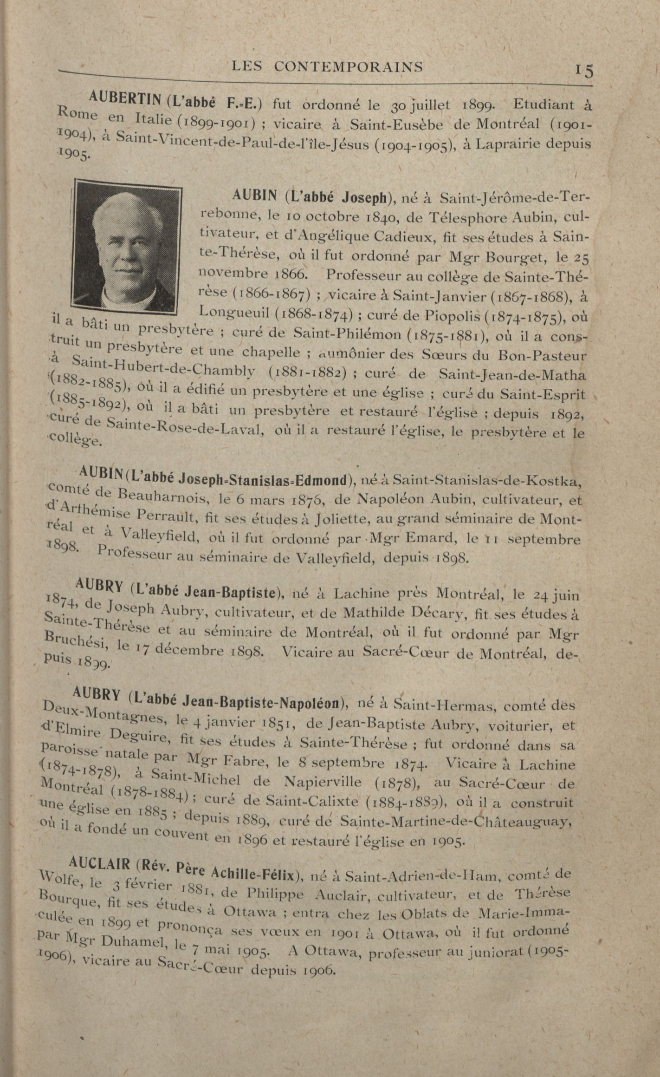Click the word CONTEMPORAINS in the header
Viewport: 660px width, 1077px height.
point(348,67)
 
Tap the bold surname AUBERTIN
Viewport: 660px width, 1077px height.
point(125,97)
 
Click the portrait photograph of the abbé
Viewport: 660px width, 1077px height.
point(126,247)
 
